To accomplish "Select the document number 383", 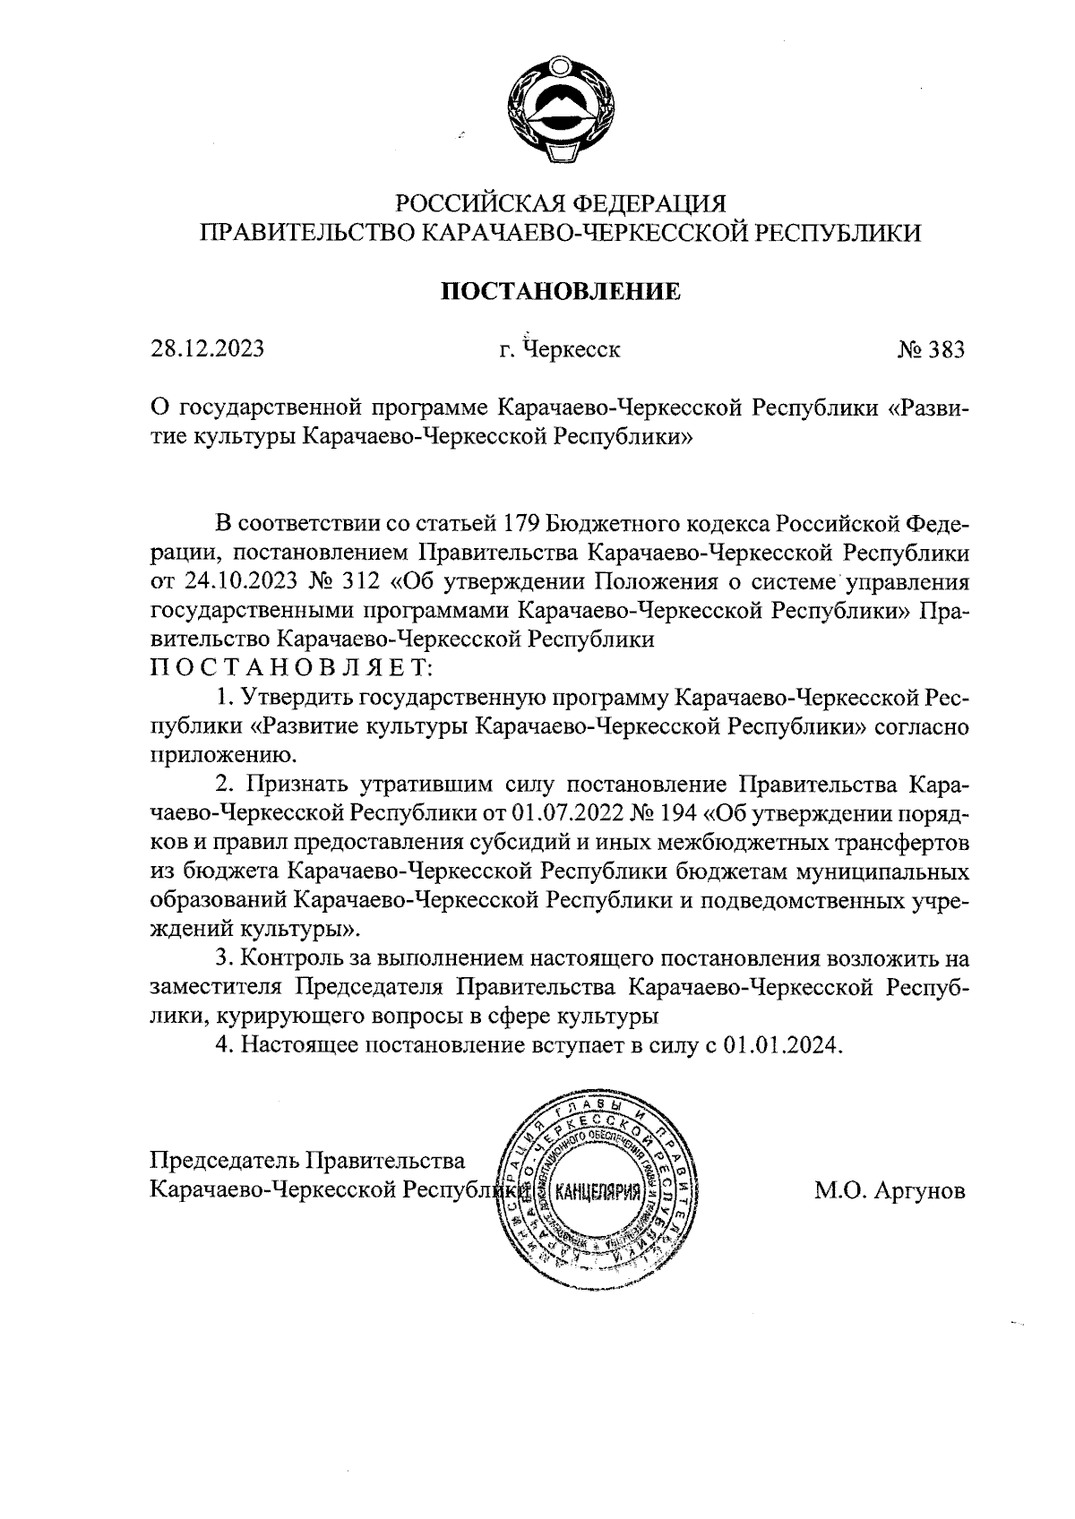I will click(944, 349).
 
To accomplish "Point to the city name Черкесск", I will click(571, 349).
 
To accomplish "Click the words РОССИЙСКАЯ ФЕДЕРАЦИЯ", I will click(559, 204).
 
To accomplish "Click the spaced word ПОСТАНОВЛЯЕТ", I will click(290, 668).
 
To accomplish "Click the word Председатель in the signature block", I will click(225, 1162).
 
